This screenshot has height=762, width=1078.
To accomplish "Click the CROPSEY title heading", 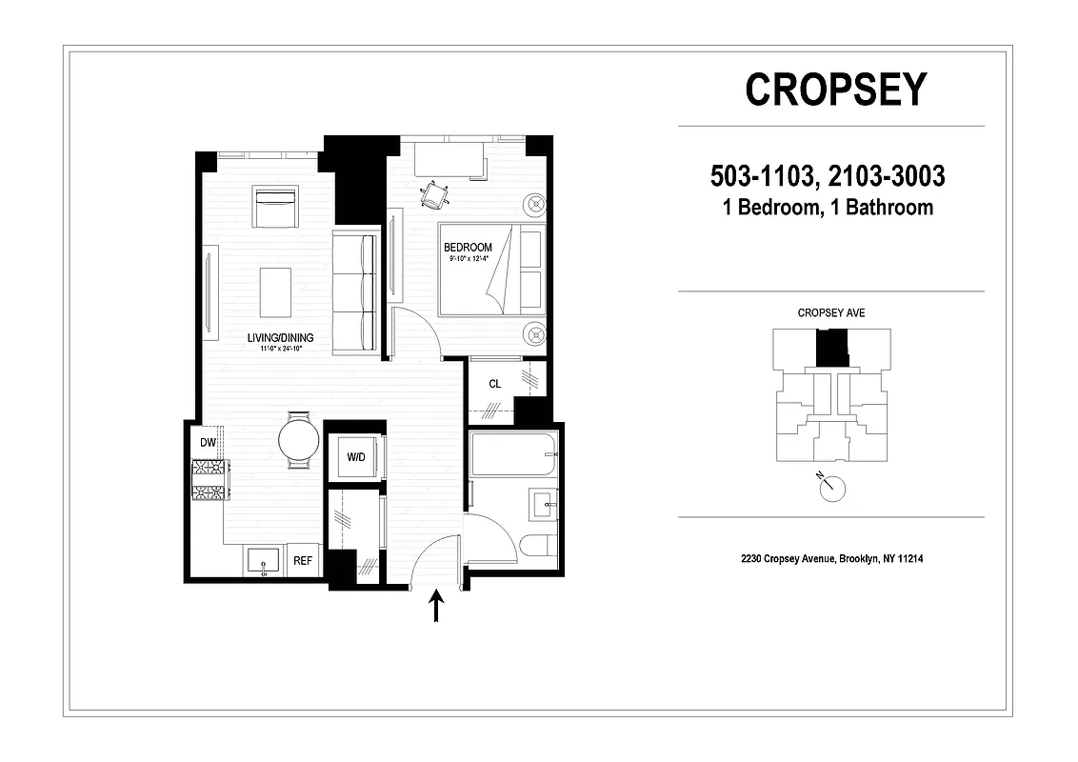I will pos(835,90).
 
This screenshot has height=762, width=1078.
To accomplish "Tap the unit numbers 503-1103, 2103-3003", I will pos(828,177).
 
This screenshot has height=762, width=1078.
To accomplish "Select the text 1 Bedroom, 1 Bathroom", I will pos(828,207).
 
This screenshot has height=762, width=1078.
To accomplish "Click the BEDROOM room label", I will pos(468,248).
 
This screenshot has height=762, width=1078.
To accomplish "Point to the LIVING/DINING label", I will pos(280,337).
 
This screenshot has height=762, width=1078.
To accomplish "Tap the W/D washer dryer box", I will pos(355,458).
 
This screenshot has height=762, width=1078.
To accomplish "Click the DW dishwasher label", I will pos(208,443).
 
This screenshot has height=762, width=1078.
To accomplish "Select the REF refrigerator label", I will pos(303,561).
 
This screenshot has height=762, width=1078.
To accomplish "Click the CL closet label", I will pos(494,385).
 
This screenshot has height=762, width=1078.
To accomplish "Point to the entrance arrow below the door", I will pos(437,607).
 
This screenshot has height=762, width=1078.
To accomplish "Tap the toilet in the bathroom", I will pos(538,548).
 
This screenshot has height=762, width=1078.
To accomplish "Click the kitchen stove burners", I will pos(209,479).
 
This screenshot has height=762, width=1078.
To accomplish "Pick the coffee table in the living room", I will pos(276,291).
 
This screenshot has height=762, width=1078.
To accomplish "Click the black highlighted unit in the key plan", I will pos(833,348).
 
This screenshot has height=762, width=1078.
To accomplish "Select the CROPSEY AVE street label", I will pos(830,312).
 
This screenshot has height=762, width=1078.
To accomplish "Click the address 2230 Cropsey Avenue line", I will pos(830,559).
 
